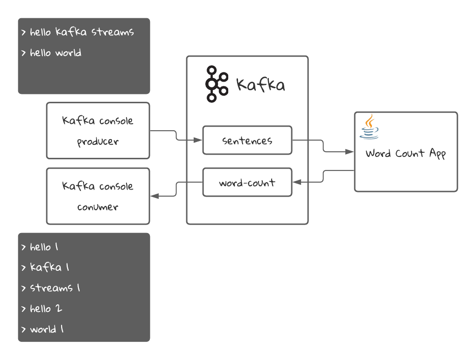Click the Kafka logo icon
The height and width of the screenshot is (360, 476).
point(217,84)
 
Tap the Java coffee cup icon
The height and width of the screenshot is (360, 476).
point(369,127)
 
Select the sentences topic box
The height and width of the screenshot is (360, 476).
point(247,140)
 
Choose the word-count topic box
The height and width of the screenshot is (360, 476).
point(247,183)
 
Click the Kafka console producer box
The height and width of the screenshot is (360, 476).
point(98,131)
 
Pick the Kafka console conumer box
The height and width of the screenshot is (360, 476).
point(98,196)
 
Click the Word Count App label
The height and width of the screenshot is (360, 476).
point(406,154)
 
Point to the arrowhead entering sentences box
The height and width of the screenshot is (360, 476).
point(199,140)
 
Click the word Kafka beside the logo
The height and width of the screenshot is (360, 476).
point(260,85)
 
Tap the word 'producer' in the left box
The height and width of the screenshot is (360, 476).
point(98,141)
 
